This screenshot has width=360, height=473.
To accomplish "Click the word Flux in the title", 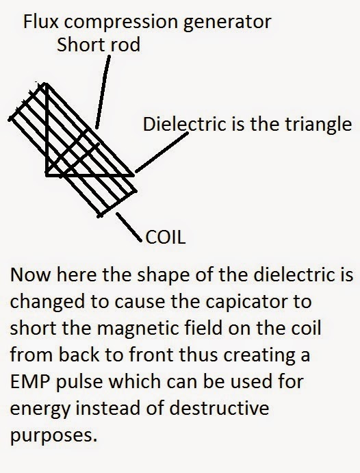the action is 40,22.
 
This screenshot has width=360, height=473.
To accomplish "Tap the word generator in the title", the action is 227,23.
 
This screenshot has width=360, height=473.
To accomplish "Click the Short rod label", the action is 99,44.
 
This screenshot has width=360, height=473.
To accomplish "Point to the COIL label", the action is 165,237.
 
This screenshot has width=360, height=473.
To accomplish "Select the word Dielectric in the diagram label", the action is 184,125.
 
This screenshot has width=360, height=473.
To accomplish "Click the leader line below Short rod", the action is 103,92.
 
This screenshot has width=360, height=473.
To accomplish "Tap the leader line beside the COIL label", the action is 129,227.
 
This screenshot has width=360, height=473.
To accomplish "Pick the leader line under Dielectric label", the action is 162,153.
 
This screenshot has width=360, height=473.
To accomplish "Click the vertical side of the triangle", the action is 47,129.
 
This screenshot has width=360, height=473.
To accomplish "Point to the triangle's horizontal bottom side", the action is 90,175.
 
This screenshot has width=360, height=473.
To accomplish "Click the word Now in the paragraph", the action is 30,274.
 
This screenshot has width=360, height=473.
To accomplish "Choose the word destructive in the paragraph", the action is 219,408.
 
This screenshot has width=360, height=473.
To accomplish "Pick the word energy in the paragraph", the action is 40,409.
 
